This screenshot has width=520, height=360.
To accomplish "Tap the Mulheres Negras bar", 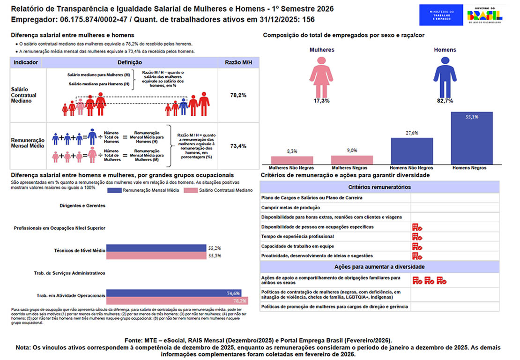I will point(352,159).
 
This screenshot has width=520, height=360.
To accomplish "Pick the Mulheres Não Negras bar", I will point(292,160).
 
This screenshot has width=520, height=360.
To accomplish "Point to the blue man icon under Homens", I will point(445,76).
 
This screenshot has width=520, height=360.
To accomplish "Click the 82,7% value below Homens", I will point(445,101).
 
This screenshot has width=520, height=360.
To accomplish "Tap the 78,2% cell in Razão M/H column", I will point(238,95).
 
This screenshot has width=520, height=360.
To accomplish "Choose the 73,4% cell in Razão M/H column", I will point(238,146).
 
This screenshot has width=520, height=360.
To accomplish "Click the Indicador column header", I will point(26,62).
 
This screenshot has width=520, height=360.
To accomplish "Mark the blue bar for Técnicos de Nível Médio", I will point(156,247).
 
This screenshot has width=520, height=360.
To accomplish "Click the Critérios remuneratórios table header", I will point(379,187).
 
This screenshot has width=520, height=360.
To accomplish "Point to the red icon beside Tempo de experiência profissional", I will point(417,237).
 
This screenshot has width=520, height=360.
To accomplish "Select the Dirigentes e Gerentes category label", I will point(82,205).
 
